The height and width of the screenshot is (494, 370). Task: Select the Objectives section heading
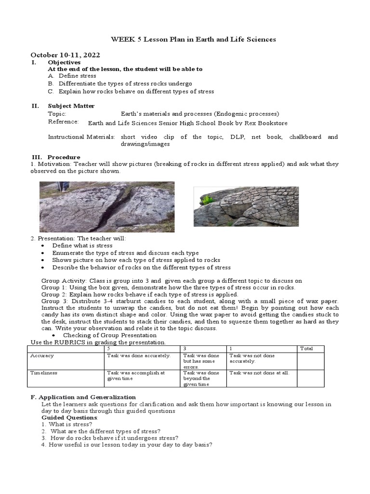pos(64,63)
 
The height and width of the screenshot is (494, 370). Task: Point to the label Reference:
pos(63,122)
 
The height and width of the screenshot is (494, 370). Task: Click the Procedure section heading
pos(64,157)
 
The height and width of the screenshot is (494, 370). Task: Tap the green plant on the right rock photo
pos(206,200)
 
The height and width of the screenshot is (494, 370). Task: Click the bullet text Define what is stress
pos(82,246)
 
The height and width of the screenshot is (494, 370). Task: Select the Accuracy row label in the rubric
pos(42,356)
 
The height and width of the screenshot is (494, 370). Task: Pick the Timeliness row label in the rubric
pos(44,373)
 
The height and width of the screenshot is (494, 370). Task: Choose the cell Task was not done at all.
pos(259,373)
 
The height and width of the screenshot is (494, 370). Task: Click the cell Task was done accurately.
pos(138,356)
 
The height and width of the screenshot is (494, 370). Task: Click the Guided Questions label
pos(69,417)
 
